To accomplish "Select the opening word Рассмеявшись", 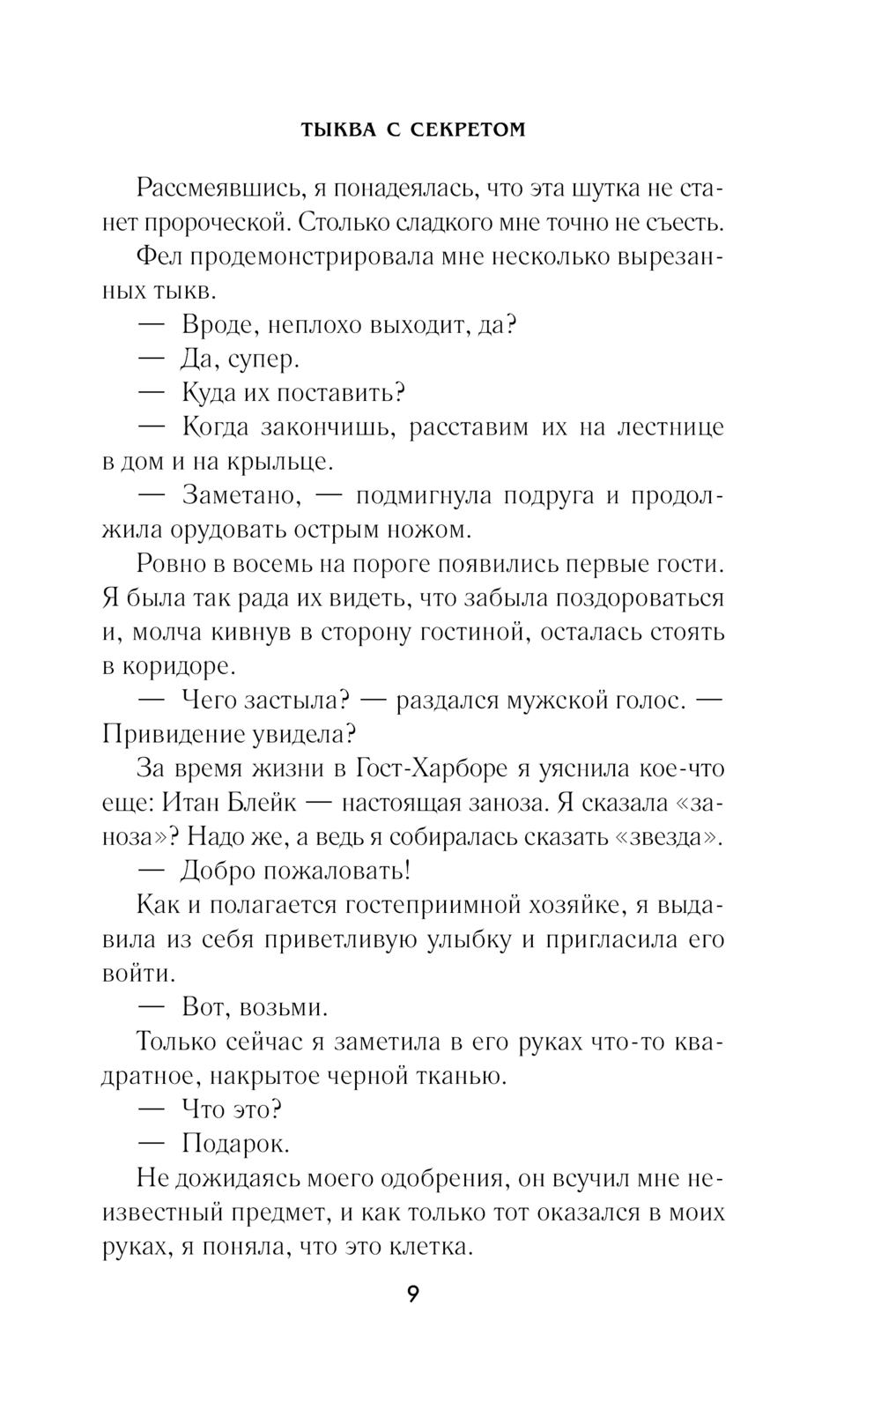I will (x=219, y=189).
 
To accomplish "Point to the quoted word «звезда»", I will (x=670, y=837).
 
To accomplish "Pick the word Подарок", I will (x=235, y=1144).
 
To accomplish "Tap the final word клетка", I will (x=433, y=1247).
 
